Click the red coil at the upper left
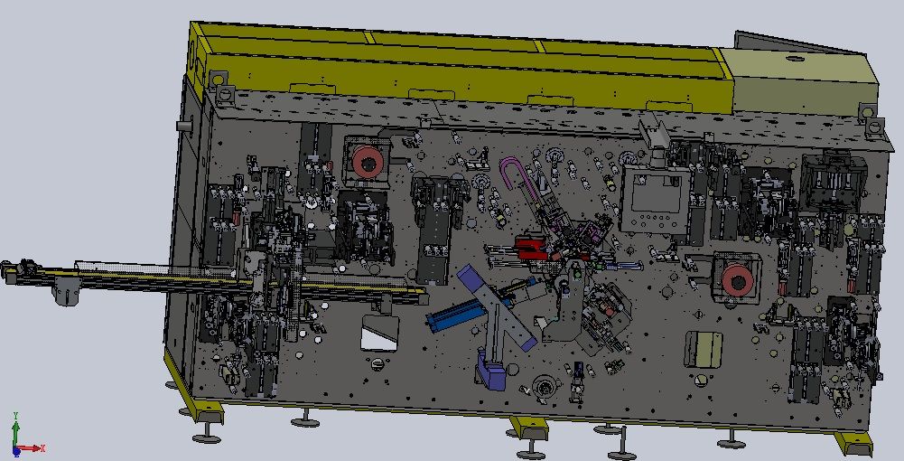point(367,162)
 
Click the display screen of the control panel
point(654,193)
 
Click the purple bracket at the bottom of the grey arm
point(491,374)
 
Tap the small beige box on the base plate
point(704,350)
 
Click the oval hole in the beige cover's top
point(795,58)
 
